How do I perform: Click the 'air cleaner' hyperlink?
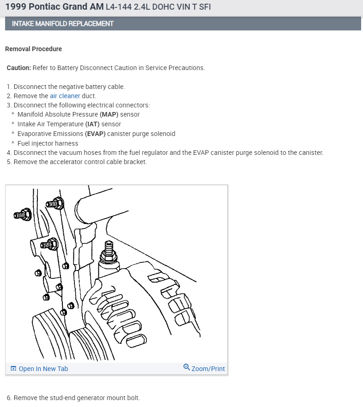point(65,96)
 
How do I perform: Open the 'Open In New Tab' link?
point(43,369)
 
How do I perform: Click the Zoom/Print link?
point(208,369)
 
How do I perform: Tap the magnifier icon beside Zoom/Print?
point(187,367)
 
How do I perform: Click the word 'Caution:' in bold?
point(19,68)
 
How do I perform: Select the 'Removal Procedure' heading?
point(33,49)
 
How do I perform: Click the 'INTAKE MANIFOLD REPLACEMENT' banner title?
point(62,24)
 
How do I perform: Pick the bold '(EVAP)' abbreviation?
point(95,134)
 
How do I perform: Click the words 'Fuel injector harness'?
point(48,143)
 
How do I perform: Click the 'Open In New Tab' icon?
point(13,369)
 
